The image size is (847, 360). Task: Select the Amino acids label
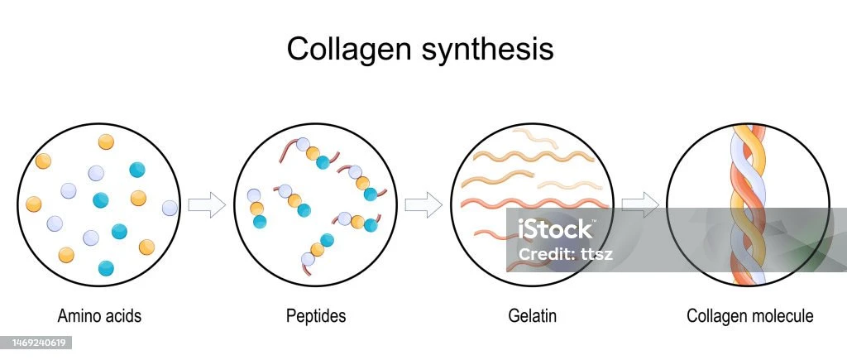99,315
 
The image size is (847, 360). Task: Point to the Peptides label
316,315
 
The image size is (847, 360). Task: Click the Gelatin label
532,315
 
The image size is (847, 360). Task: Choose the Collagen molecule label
750,315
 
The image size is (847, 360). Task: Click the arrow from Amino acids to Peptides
207,204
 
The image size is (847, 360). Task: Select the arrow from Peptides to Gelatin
423,204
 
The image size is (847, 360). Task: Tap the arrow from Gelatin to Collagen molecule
639,204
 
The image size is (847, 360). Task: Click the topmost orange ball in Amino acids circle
106,142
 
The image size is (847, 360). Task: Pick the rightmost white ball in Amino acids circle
170,207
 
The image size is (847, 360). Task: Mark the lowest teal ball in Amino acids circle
106,267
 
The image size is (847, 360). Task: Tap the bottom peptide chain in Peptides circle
318,249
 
